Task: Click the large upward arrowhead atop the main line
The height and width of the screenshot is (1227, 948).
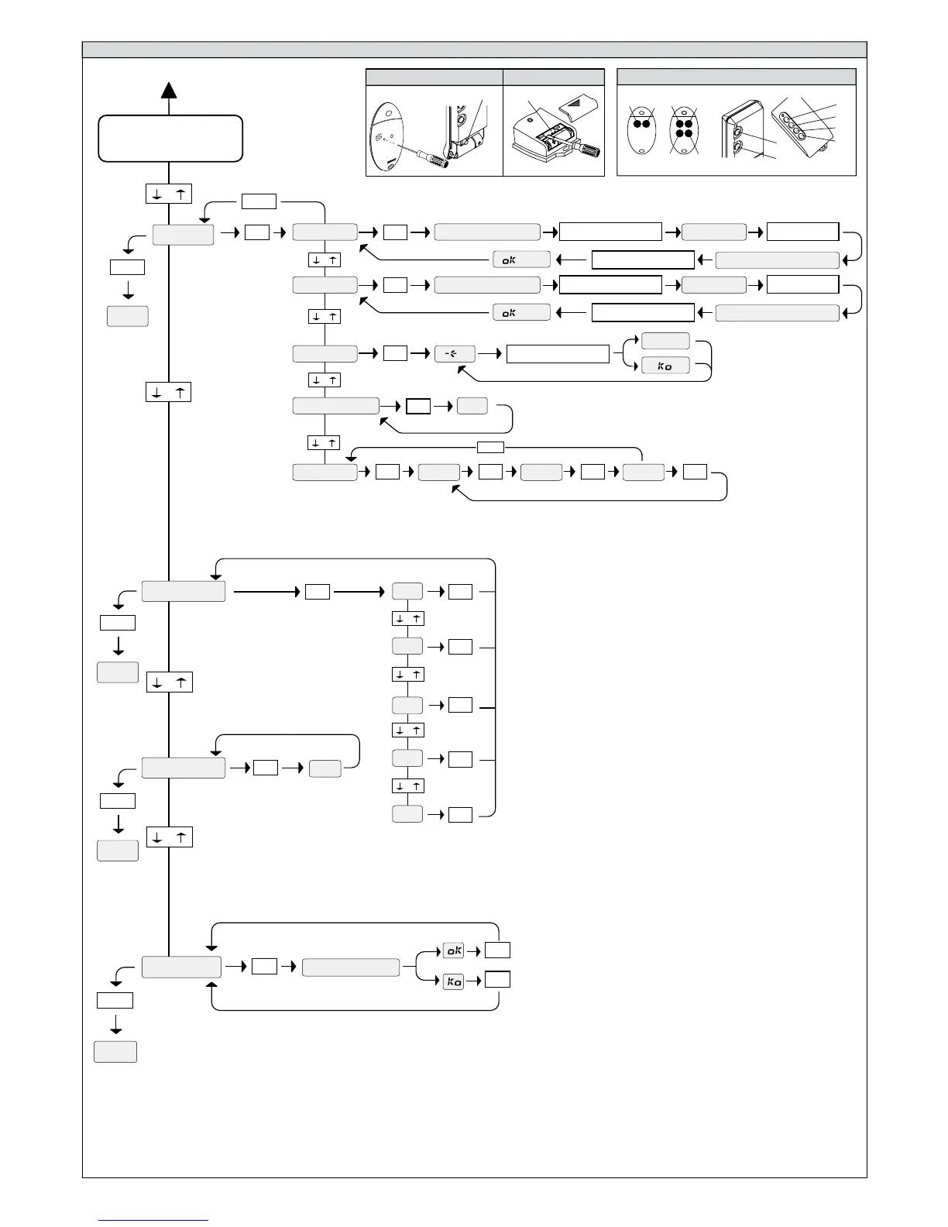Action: (x=169, y=90)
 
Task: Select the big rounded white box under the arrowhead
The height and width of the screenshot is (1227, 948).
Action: (x=170, y=138)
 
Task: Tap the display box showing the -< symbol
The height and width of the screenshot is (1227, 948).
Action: (x=455, y=354)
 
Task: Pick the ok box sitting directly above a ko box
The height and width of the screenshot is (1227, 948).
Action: (x=453, y=950)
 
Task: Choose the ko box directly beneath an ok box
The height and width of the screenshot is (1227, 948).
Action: (x=453, y=981)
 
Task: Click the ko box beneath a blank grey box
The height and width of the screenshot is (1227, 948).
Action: (x=665, y=366)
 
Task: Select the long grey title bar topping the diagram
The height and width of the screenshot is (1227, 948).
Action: (x=474, y=50)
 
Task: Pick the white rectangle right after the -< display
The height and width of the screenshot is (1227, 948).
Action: (x=558, y=354)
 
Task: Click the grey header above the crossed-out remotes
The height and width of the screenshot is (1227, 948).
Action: (x=736, y=77)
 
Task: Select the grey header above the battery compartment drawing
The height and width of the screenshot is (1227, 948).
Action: (x=553, y=77)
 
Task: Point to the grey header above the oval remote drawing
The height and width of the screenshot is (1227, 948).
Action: (x=434, y=77)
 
